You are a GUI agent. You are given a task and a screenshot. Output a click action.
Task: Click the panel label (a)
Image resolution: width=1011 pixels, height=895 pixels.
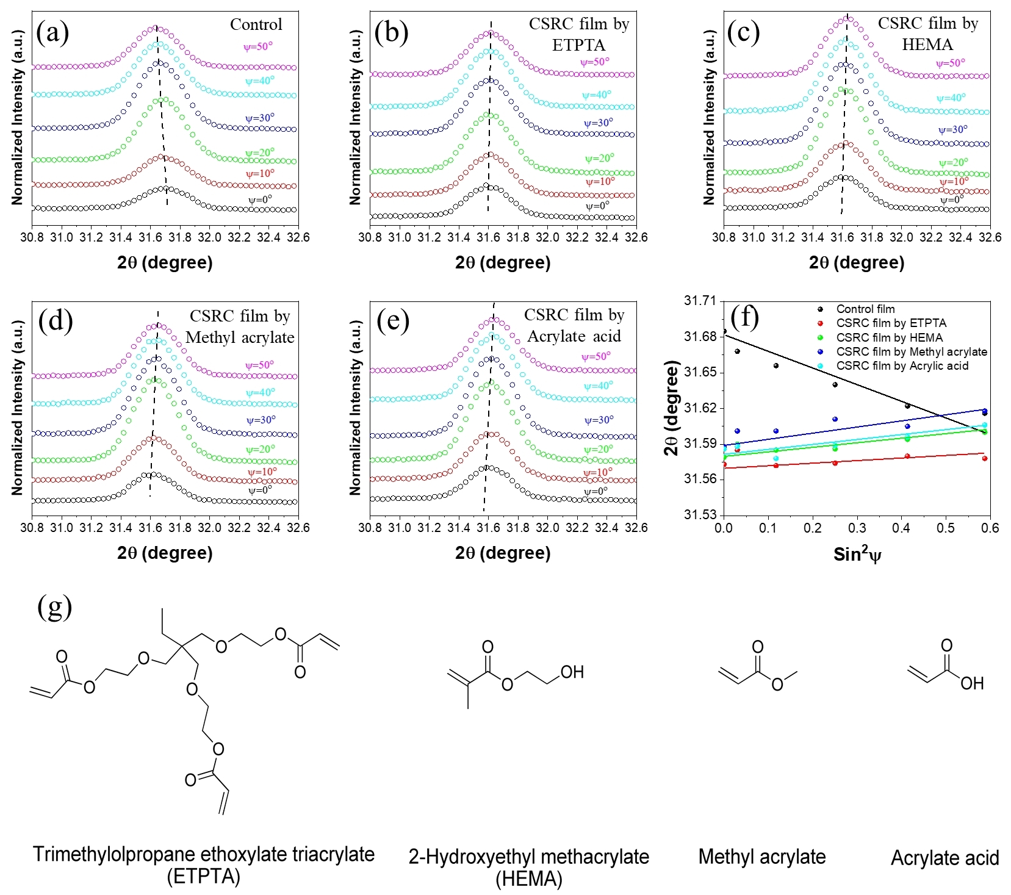pos(52,32)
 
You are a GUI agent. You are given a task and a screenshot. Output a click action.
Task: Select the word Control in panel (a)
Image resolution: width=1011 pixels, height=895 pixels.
pos(256,24)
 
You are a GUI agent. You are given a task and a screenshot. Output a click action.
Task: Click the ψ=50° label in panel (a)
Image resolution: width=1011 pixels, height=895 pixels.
pos(259,46)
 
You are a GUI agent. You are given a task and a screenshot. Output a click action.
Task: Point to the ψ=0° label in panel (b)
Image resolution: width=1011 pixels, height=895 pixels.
pos(597,206)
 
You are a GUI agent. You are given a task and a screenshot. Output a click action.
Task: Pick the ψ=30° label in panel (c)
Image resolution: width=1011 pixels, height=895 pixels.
pos(952,130)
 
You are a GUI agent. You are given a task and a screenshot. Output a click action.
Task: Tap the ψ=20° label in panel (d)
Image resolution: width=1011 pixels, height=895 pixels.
pos(260,450)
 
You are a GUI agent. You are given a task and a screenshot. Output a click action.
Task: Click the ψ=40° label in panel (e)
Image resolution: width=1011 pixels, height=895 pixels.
pos(598,386)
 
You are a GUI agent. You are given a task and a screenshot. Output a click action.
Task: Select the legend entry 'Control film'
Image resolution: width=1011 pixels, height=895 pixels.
pos(865,309)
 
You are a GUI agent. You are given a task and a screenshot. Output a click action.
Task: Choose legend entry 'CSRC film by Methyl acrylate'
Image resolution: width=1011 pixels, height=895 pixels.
pos(911,352)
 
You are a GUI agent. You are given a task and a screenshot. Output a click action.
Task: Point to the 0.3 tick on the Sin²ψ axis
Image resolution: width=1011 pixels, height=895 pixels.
pos(857,528)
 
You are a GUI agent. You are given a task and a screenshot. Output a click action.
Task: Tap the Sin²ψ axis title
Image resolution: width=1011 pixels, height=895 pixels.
pos(857,555)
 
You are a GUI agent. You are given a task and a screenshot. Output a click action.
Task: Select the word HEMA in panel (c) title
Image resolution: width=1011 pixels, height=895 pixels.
pos(927,45)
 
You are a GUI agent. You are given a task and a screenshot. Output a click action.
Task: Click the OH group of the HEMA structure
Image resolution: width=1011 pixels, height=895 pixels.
pos(572,672)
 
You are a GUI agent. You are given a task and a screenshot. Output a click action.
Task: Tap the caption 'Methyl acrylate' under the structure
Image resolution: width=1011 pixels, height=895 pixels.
pos(761,857)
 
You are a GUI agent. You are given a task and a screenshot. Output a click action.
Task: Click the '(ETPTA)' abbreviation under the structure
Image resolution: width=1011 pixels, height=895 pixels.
pos(203,877)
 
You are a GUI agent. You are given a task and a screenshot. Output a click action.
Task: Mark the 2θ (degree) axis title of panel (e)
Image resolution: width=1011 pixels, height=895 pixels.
pos(503,553)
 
